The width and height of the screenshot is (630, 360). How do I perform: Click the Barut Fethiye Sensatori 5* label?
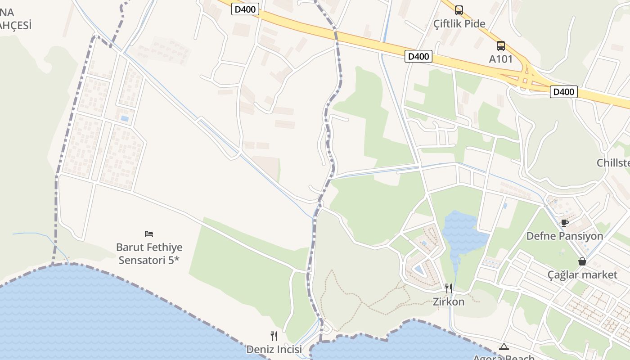[x=149, y=253]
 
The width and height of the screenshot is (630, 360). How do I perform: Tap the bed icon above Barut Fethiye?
[x=149, y=234]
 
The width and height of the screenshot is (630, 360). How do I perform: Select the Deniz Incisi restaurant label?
[x=274, y=349]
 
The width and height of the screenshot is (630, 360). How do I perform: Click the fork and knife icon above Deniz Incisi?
[x=274, y=336]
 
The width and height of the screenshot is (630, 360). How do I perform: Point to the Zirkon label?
[x=448, y=301]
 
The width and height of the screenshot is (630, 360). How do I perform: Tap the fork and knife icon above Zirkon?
[x=448, y=288]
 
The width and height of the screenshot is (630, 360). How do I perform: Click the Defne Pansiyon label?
[x=564, y=236]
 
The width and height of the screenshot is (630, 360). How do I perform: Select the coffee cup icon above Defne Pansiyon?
[x=564, y=222]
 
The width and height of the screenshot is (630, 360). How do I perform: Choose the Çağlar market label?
[x=582, y=274]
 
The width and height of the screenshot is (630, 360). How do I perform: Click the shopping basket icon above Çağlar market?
[x=582, y=261]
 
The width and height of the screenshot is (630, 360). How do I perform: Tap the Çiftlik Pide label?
[x=459, y=23]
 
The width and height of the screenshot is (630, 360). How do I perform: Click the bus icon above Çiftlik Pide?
[x=459, y=10]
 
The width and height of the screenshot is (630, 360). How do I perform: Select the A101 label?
[x=501, y=59]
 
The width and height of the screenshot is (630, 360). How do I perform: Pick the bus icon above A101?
[x=501, y=45]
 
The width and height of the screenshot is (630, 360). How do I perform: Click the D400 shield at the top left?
[x=245, y=9]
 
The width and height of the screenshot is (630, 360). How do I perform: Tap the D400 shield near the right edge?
[x=563, y=92]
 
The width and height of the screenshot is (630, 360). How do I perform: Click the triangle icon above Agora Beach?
[x=504, y=346]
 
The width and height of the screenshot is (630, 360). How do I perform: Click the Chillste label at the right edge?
[x=613, y=163]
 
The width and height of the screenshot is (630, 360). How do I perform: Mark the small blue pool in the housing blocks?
[x=124, y=119]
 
